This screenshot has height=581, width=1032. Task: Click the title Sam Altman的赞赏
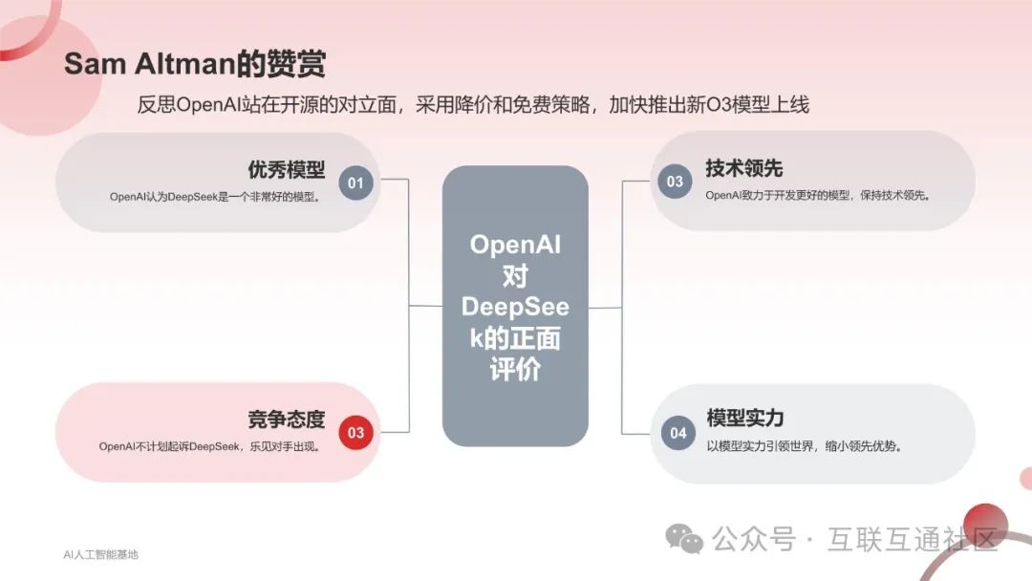pos(195,64)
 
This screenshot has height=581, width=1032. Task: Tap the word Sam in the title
pos(90,64)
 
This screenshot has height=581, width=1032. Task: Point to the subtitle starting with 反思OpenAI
pos(473,104)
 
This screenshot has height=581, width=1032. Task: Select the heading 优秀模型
pos(287,170)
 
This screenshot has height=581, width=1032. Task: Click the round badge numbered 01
pos(355,182)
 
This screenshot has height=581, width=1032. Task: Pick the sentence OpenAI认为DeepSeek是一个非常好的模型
pos(214,197)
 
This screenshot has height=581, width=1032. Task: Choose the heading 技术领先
pos(744,168)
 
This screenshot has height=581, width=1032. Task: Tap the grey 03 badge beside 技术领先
pos(675,182)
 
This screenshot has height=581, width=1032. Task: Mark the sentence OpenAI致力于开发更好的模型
pos(818,195)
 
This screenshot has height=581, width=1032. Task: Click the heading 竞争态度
pos(287,420)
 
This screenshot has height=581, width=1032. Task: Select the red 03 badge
pos(355,433)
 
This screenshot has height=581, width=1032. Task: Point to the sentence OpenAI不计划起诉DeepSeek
pos(209,446)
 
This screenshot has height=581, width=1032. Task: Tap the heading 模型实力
pos(745,419)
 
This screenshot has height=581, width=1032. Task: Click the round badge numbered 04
pos(677,433)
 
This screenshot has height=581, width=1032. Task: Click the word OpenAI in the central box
pos(515,245)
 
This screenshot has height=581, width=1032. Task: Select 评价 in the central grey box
pos(515,370)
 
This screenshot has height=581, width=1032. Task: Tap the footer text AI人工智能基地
pos(100,554)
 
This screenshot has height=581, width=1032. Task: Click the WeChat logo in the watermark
pos(684,539)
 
